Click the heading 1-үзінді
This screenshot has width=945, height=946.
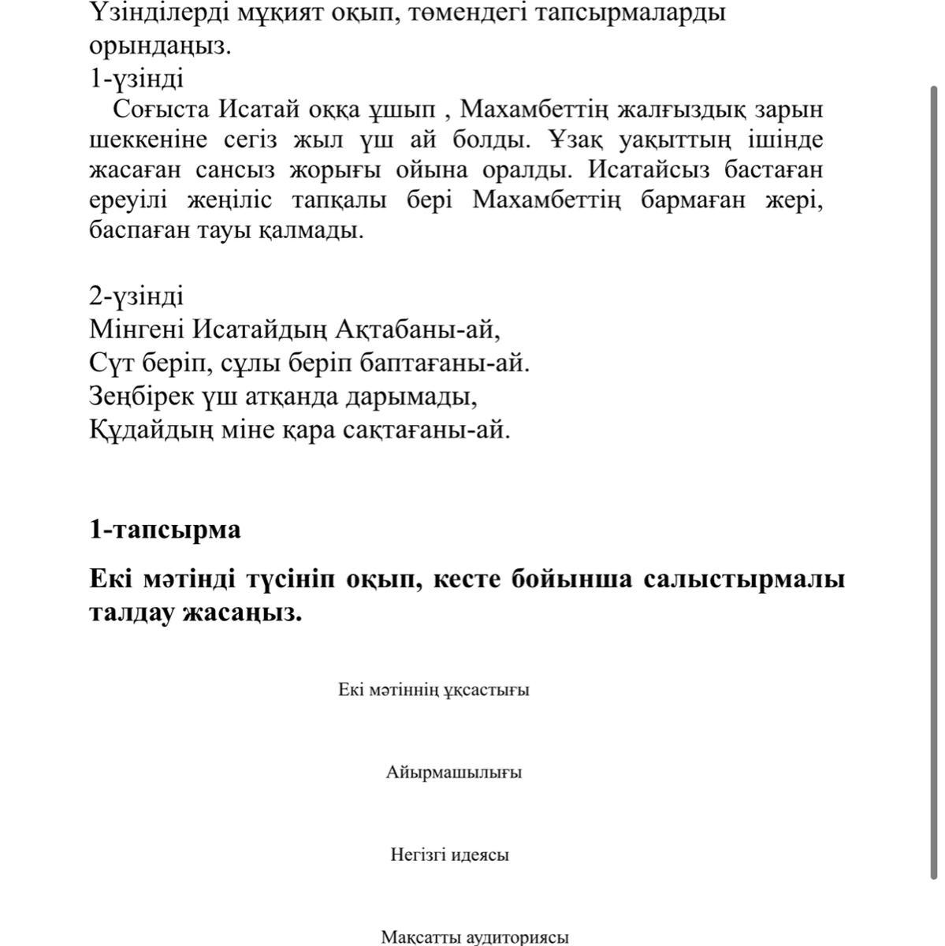[136, 79]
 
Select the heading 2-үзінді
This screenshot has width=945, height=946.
[136, 296]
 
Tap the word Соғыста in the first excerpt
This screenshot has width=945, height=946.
[161, 109]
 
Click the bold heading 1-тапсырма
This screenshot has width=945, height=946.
[165, 530]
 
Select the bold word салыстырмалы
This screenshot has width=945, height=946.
[743, 579]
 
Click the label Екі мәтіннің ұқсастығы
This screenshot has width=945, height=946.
[433, 690]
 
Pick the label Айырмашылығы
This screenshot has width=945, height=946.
[454, 773]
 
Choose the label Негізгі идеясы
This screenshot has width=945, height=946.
[449, 855]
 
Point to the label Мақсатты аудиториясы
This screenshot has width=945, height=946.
[474, 937]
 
